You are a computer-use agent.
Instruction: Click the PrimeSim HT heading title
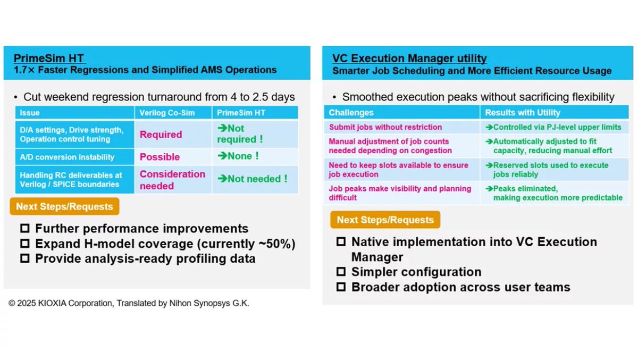(49, 58)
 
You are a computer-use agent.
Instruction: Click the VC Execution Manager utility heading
(409, 58)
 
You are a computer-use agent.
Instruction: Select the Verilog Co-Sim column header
(160, 113)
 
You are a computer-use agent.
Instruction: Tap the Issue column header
(30, 113)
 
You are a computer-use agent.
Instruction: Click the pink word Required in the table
(161, 135)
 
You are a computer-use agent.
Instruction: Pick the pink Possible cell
(159, 157)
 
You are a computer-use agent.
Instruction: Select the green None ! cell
(238, 156)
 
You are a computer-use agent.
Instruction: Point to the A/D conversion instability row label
(67, 157)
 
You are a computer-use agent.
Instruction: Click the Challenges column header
(351, 112)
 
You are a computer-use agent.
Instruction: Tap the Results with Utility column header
(523, 112)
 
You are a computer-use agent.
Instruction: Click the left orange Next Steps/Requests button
(64, 207)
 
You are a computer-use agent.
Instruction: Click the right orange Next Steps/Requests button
(385, 220)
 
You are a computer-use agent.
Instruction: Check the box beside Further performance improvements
(24, 229)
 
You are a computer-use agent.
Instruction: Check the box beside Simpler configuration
(341, 272)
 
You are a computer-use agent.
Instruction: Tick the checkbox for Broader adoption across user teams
(341, 287)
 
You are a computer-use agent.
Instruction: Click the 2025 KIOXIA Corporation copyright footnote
(129, 303)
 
